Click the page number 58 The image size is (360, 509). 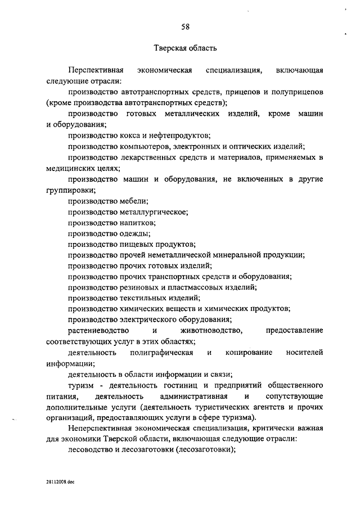186,26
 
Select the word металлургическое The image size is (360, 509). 153,211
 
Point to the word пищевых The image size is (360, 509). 138,244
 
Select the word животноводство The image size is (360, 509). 211,330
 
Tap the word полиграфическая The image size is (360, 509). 161,352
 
